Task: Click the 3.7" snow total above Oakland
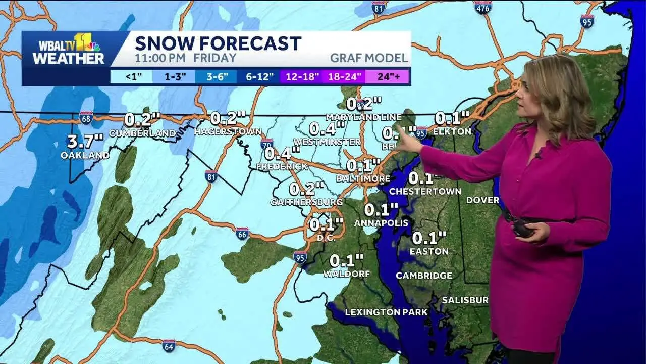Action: point(85,141)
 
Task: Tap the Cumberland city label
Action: point(142,133)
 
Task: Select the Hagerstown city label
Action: point(228,132)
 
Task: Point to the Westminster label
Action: point(327,142)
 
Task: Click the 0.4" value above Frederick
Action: point(282,153)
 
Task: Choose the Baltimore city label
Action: point(363,178)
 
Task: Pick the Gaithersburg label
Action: point(306,202)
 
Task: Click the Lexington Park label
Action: point(386,312)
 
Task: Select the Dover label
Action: point(482,200)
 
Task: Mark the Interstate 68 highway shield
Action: point(86,118)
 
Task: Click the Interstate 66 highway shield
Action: point(242,233)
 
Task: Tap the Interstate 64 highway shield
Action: point(169,345)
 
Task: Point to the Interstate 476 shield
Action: point(483,7)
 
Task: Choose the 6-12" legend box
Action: point(260,77)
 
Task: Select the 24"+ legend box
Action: point(388,77)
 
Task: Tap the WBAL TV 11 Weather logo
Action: point(68,50)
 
